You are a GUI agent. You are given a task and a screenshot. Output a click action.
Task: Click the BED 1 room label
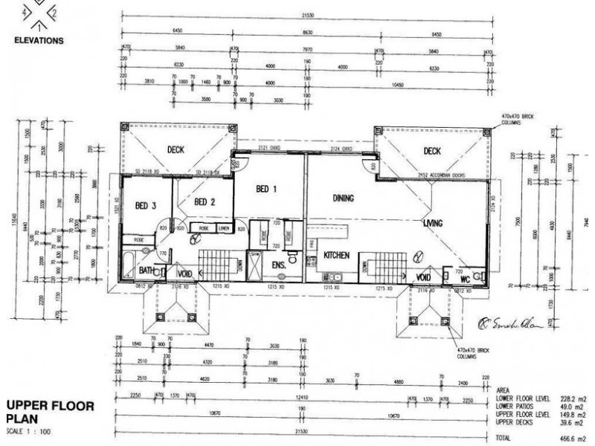click(x=266, y=189)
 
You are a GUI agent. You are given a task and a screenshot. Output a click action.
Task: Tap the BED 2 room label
click(x=205, y=201)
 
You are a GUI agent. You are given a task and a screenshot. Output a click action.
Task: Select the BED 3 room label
click(x=145, y=205)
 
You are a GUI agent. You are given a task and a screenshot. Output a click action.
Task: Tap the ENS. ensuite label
click(x=279, y=264)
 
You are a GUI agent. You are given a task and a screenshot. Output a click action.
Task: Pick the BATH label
click(x=145, y=271)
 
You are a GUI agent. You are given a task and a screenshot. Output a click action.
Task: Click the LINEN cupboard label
click(x=224, y=227)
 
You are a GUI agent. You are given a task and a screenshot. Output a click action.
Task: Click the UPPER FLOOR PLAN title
click(x=49, y=412)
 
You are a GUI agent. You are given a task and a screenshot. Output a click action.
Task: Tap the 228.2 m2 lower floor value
click(x=573, y=398)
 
